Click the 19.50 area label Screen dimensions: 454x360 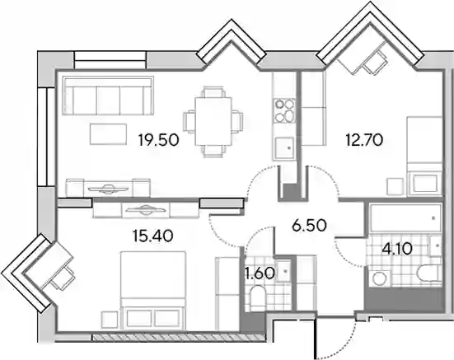pos(159,140)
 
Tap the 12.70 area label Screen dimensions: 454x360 pos(364,140)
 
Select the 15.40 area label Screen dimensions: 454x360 pos(153,236)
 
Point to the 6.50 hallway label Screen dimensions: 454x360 pos(309,226)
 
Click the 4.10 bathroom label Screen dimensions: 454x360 pos(396,249)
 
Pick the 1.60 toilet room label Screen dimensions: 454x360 pos(260,274)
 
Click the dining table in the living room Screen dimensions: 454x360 pos(213,121)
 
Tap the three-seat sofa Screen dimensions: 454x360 pos(108,96)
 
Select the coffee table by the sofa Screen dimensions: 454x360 pos(108,134)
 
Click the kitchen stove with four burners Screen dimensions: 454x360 pos(284,111)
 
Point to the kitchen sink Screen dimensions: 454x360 pos(284,148)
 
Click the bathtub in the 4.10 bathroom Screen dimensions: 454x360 pos(405,217)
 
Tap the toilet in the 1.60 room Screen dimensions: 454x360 pos(257,297)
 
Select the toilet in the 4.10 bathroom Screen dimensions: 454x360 pos(429,273)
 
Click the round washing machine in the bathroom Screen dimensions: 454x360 pos(380,278)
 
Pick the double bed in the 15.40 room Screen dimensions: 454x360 pos(153,290)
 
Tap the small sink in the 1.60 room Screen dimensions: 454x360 pos(284,271)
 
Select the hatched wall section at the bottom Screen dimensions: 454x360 pos(179,337)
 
